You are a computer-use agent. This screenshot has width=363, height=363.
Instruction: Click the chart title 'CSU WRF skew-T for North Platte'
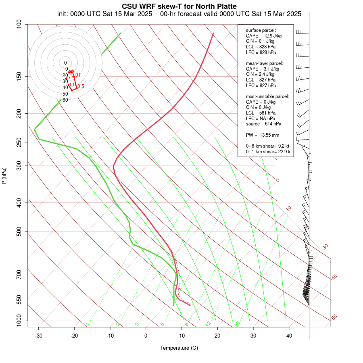click(179, 6)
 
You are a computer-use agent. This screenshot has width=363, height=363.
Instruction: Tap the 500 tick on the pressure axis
click(19, 232)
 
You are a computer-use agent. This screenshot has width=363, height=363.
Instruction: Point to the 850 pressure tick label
click(19, 300)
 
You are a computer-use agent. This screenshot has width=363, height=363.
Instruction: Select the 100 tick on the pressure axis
click(19, 24)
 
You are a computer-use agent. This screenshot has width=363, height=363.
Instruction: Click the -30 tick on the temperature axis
click(39, 336)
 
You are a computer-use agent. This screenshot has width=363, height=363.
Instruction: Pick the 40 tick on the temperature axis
click(289, 336)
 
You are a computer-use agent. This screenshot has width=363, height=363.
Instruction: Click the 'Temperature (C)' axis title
click(179, 348)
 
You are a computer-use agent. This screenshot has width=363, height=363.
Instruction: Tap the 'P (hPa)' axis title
click(4, 175)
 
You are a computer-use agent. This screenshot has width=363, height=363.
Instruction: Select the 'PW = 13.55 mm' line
click(263, 135)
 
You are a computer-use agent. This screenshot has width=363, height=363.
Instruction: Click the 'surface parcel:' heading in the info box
click(261, 30)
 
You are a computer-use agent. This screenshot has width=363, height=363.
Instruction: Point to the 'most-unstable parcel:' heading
click(267, 96)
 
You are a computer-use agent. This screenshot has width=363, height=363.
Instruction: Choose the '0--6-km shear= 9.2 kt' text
click(268, 146)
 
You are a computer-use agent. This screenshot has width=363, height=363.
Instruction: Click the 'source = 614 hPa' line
click(264, 124)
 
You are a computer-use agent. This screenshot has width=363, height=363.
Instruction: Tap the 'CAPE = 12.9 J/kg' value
click(264, 36)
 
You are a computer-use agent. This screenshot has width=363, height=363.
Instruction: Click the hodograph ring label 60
click(65, 100)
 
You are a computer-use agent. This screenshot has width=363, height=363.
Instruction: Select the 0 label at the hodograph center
click(65, 63)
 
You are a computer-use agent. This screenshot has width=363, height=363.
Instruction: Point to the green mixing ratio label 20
click(238, 323)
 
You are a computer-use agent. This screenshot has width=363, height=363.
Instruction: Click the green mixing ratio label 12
click(209, 324)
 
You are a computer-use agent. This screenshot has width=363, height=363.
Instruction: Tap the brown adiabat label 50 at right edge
click(334, 317)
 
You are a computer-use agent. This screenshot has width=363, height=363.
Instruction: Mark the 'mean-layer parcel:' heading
click(265, 63)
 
